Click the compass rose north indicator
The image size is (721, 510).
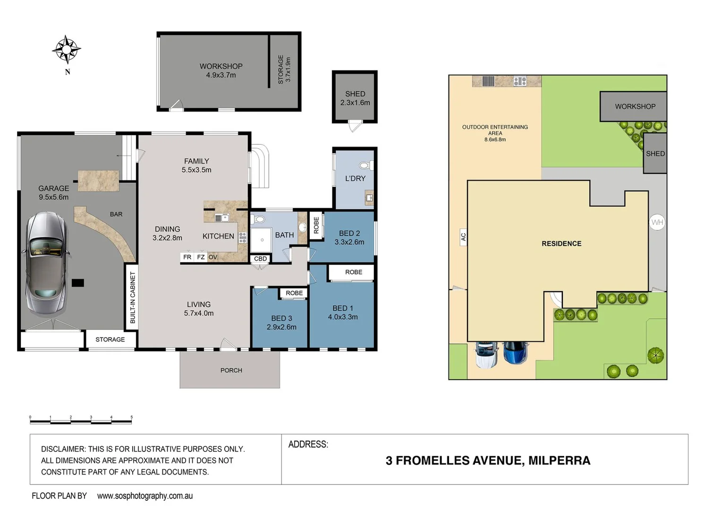point(67,50)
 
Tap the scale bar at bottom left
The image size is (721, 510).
point(81,420)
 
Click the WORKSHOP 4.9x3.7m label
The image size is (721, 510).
point(221,70)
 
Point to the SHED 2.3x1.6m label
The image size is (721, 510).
point(355,98)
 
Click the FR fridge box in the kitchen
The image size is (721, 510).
point(187,257)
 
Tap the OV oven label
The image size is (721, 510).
point(212,257)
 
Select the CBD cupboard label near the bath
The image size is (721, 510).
point(260,259)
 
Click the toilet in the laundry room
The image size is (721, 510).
point(365,165)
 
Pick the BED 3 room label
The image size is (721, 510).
point(281,323)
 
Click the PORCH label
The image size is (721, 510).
point(231,370)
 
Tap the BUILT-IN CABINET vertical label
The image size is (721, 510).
point(133,297)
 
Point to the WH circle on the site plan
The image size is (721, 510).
point(657,222)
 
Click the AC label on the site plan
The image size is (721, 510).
point(463,237)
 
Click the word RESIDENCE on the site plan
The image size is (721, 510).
point(561,244)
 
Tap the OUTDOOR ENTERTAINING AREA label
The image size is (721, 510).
point(495,133)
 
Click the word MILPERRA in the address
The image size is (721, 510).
point(559,460)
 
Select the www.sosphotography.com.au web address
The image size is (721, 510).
point(145,496)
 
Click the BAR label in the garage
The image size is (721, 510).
point(116,214)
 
